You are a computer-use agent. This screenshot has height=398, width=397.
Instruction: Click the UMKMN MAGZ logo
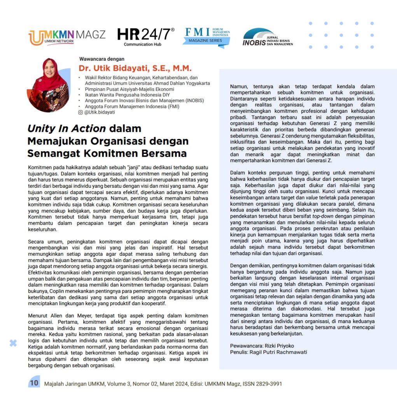click(x=66, y=37)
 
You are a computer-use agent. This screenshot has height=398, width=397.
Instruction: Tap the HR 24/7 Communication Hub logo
click(x=145, y=37)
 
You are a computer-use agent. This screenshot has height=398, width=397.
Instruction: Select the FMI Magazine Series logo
click(x=206, y=37)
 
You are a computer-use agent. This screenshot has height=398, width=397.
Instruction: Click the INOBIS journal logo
click(x=268, y=37)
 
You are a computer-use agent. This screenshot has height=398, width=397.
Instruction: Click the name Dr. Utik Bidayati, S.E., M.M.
click(x=135, y=69)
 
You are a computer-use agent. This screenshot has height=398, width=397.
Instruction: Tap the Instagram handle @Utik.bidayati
click(x=100, y=112)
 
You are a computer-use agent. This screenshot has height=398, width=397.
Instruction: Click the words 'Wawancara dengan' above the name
click(x=102, y=59)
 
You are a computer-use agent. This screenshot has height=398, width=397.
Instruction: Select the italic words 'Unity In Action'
click(x=66, y=129)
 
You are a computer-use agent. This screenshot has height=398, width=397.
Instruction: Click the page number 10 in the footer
click(x=34, y=383)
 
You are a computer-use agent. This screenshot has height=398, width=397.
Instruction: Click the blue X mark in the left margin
click(x=13, y=343)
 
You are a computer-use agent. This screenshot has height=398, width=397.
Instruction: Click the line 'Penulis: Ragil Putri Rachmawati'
click(x=268, y=352)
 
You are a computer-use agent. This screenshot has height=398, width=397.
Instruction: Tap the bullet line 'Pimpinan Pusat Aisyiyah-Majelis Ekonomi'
click(x=129, y=89)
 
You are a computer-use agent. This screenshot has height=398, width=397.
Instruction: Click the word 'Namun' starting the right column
click(x=239, y=86)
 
